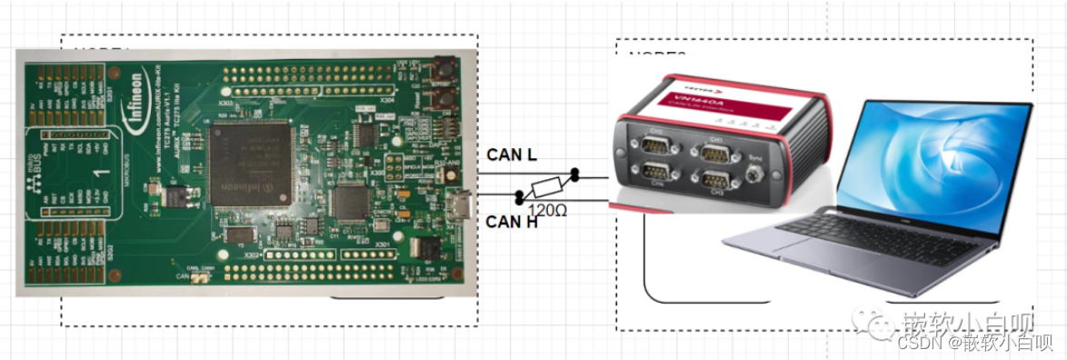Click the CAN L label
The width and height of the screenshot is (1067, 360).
512,155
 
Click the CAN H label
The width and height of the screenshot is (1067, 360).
512,221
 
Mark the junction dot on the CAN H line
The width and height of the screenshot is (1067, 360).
519,197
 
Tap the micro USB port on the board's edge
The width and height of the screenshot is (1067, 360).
464,206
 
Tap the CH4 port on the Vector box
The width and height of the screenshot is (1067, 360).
656,175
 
